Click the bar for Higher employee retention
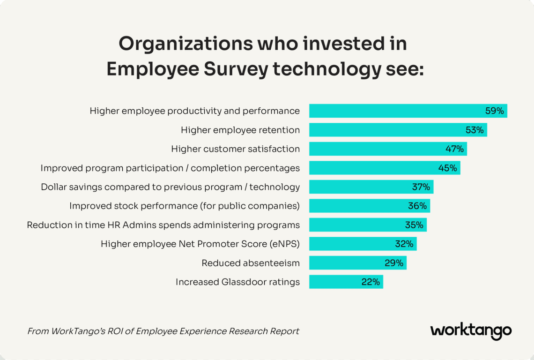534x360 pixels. pos(398,130)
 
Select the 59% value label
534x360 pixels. pos(494,111)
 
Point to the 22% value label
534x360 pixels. pos(370,282)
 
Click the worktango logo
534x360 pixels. pos(471,331)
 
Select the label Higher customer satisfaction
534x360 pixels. pos(235,149)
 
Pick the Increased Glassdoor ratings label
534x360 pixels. pos(237,282)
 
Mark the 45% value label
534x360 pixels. pos(447,168)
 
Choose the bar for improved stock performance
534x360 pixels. pos(370,206)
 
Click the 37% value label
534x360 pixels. pos(421,187)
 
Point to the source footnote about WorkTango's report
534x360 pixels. pos(163,331)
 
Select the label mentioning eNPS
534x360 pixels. pos(200,244)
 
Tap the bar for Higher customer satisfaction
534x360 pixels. pos(388,149)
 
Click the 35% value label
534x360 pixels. pos(414,225)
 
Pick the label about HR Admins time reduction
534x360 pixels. pos(163,225)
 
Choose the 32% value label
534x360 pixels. pos(404,244)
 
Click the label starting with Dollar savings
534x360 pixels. pos(170,187)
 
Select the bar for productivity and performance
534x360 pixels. pos(408,111)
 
